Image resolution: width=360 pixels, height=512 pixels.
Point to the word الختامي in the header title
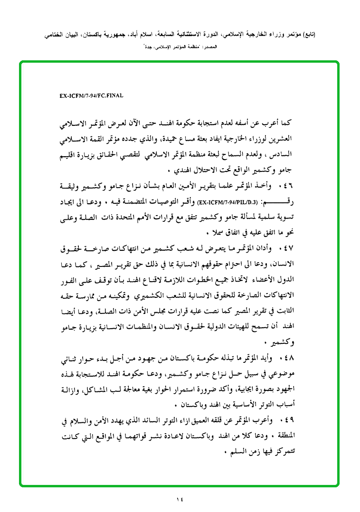point(54,35)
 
